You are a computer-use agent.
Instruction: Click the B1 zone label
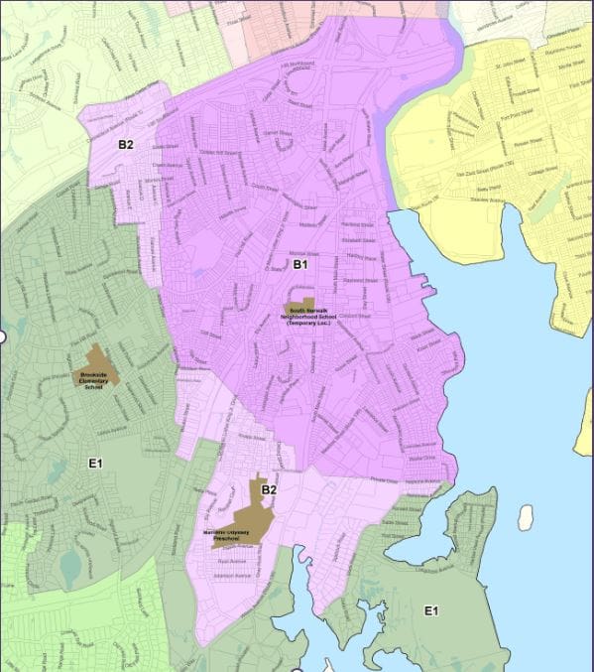click(x=300, y=265)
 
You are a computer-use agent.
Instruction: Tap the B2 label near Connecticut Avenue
click(x=126, y=145)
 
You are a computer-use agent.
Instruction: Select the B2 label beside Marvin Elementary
click(x=269, y=488)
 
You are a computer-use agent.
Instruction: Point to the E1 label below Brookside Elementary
click(x=96, y=463)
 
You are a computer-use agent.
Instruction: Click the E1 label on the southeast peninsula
click(x=430, y=609)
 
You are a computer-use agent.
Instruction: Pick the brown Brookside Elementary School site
click(x=100, y=364)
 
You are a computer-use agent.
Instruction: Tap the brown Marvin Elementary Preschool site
click(x=240, y=522)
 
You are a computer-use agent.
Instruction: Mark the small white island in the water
click(x=525, y=517)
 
